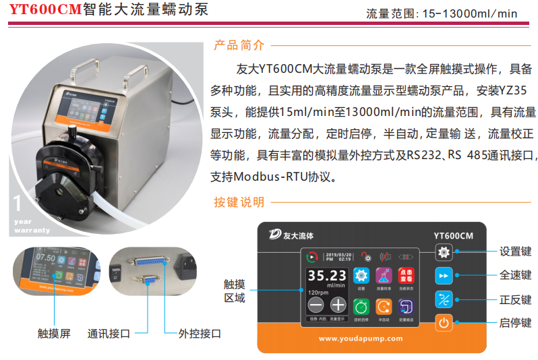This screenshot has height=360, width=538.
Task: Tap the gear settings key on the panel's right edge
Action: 443,252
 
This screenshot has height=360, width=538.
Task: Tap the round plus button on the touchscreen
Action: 338,305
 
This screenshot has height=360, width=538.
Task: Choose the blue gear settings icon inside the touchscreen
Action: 361,275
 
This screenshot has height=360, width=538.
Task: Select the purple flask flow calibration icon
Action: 384,275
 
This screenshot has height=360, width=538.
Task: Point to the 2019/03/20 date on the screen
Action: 338,254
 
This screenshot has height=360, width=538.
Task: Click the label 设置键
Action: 515,251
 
